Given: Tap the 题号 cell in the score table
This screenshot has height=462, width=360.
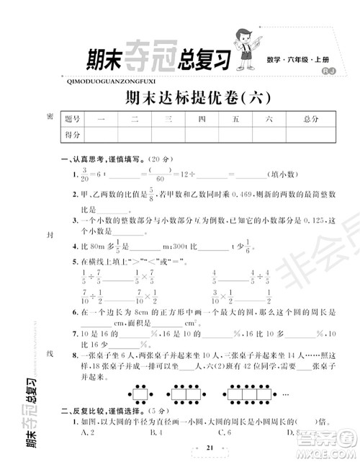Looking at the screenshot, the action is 73,118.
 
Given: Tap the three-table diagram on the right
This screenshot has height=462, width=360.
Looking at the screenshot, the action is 253,396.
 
